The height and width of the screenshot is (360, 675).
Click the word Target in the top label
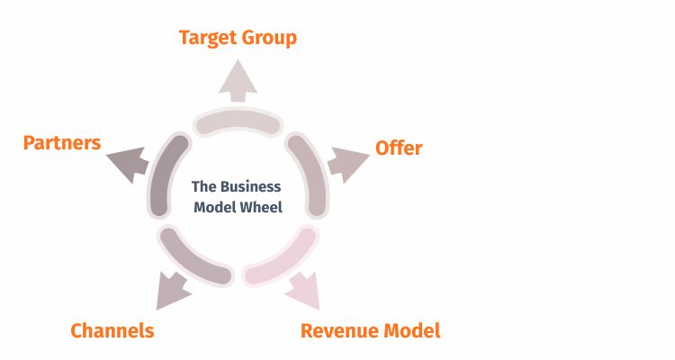[x=208, y=38]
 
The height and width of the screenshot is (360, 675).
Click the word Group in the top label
[x=268, y=38]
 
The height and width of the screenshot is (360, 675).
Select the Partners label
[x=62, y=143]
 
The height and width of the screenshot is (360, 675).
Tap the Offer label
[x=399, y=148]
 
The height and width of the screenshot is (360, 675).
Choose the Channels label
[x=112, y=330]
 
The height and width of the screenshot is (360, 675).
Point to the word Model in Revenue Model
[x=412, y=330]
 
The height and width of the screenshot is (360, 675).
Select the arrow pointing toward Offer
[x=346, y=164]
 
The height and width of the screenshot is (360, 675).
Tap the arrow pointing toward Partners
[x=127, y=163]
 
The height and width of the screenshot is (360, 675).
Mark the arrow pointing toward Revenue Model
[x=304, y=289]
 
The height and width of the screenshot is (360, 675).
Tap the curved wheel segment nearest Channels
[x=193, y=259]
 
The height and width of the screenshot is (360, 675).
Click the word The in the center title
[x=203, y=187]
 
